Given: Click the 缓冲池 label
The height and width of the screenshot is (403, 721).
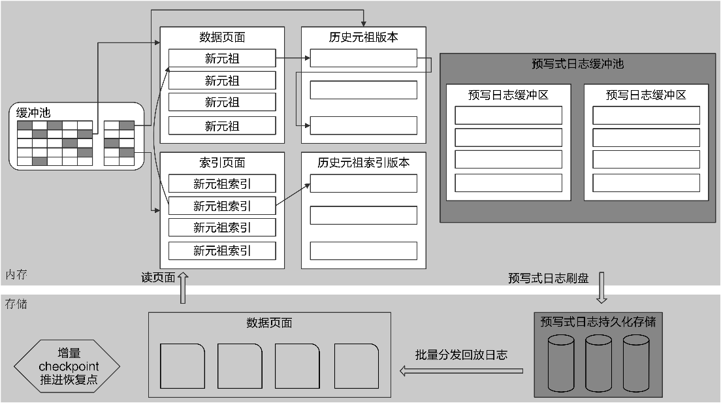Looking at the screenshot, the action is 33,112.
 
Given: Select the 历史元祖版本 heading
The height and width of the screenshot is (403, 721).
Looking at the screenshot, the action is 363,37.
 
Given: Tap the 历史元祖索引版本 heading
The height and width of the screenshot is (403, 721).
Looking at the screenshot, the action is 363,163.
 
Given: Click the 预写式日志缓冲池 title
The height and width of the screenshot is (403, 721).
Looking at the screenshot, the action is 578,64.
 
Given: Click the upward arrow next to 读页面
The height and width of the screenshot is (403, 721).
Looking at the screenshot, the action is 183,288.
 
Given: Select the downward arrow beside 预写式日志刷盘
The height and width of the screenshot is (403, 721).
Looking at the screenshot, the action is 601,288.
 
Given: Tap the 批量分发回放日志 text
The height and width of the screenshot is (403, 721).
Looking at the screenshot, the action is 461,355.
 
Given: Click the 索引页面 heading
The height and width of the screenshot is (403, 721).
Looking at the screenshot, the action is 222,163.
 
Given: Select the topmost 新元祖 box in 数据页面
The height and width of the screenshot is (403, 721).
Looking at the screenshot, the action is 222,58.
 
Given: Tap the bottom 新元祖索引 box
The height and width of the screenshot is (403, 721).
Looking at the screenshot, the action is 222,250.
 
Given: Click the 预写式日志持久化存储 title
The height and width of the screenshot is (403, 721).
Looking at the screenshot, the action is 598,321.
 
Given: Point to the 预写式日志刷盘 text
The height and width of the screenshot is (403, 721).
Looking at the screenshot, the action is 549,278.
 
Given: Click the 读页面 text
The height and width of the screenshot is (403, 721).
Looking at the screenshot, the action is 159,277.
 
